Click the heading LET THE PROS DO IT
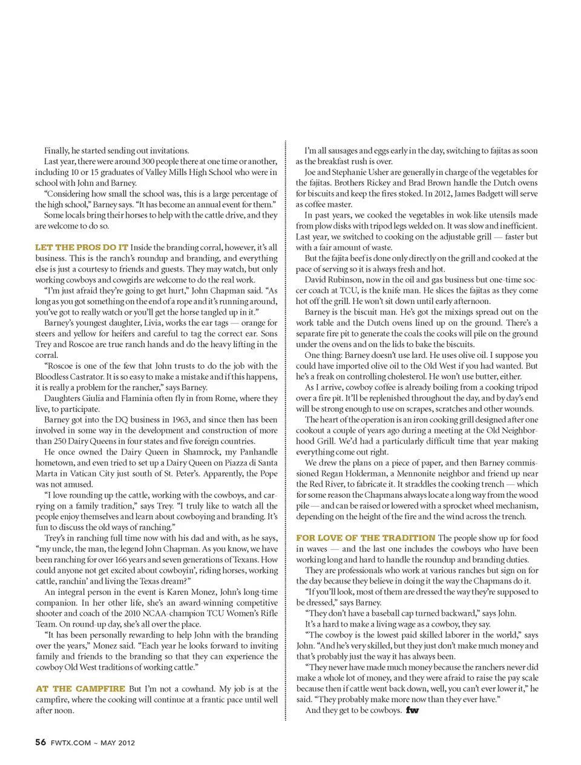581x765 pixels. tap(82, 247)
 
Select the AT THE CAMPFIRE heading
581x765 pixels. tap(80, 689)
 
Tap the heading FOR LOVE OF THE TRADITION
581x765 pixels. tap(366, 538)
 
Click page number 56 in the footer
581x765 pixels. tap(41, 742)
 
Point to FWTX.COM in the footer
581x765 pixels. tap(71, 743)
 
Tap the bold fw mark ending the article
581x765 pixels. tap(412, 710)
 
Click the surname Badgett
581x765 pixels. tap(490, 194)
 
